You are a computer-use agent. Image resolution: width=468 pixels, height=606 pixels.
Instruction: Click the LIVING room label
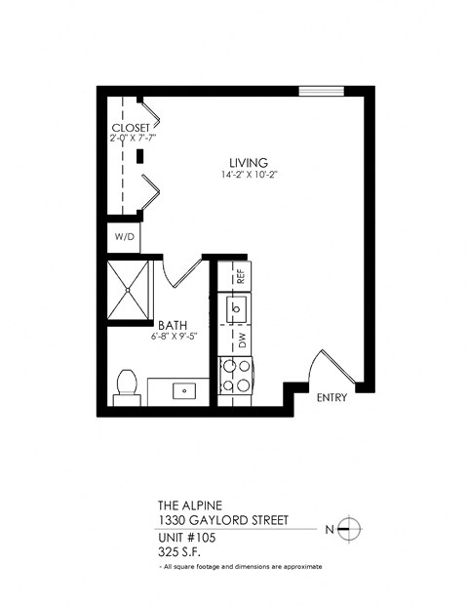[249, 162]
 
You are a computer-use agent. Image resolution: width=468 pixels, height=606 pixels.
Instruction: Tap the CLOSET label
[131, 128]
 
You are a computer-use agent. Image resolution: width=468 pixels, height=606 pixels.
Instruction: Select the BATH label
[175, 326]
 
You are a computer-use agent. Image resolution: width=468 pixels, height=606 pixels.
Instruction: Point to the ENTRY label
[332, 397]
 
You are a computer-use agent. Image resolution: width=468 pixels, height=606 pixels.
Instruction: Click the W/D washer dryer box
[124, 237]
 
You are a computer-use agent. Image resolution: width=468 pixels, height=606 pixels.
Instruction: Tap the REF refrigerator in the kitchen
[238, 275]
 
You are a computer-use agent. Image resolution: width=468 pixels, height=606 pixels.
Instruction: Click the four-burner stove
[238, 377]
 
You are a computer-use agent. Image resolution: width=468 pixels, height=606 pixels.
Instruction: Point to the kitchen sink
[238, 309]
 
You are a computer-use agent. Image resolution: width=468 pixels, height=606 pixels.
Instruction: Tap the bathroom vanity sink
[182, 390]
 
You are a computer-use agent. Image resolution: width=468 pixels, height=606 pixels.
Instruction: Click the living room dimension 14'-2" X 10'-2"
[249, 176]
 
